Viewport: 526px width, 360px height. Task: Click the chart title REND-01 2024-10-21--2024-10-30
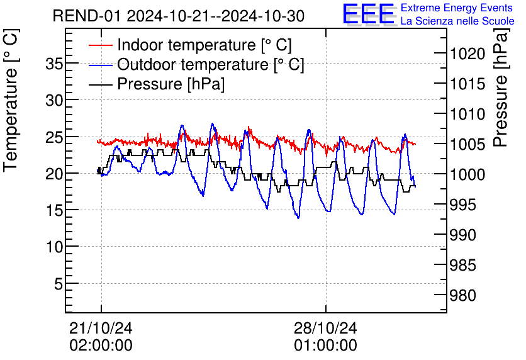(179, 16)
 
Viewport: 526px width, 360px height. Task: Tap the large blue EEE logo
(368, 14)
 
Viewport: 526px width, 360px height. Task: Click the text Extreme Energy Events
(457, 8)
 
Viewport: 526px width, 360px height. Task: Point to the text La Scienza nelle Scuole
(457, 21)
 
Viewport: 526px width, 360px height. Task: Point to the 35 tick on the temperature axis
(55, 64)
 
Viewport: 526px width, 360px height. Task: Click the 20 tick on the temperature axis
(55, 174)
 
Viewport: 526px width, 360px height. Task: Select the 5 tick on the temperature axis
(59, 284)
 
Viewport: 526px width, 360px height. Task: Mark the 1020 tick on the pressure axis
(468, 55)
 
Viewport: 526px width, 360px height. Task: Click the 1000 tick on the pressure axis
(468, 175)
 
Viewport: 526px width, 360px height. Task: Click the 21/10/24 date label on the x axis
(101, 328)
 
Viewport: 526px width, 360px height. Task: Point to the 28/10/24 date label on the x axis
(325, 328)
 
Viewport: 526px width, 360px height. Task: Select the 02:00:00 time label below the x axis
(101, 346)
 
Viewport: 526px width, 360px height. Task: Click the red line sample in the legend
(101, 46)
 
